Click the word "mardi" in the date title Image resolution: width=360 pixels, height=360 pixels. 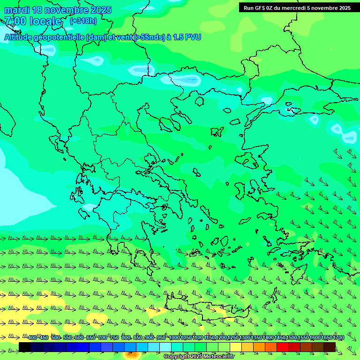tap(16, 10)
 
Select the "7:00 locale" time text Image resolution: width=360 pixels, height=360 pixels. tap(33, 21)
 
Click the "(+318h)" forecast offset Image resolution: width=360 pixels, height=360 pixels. tap(83, 21)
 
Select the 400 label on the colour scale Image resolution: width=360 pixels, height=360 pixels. tap(32, 338)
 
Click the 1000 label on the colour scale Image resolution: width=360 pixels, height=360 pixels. tap(174, 338)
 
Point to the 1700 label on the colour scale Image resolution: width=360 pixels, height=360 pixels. tap(338, 338)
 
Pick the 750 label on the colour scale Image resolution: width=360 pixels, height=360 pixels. tap(114, 338)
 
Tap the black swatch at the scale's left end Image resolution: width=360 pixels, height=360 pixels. tap(25, 347)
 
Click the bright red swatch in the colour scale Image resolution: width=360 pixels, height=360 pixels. tap(283, 347)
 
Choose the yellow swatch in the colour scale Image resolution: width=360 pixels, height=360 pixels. tap(236, 347)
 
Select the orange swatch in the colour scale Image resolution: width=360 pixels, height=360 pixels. tap(259, 347)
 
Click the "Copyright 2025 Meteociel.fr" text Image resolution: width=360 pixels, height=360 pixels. tap(199, 357)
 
